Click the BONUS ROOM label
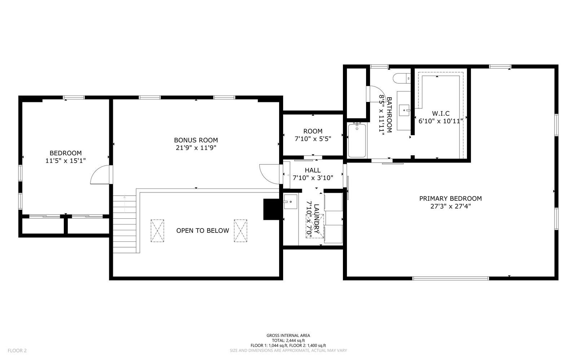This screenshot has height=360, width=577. pyautogui.click(x=196, y=140)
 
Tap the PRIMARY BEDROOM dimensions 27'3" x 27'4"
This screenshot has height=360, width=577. pyautogui.click(x=450, y=206)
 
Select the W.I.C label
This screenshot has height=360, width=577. pyautogui.click(x=441, y=114)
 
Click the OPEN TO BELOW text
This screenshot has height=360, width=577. pyautogui.click(x=202, y=231)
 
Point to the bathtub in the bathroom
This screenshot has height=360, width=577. pyautogui.click(x=357, y=140)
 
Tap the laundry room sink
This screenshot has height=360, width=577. pyautogui.click(x=290, y=202)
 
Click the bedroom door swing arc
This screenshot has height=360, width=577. pyautogui.click(x=100, y=175)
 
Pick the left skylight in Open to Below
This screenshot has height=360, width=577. pyautogui.click(x=157, y=231)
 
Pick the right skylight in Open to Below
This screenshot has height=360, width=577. pyautogui.click(x=240, y=231)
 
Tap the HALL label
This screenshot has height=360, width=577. pyautogui.click(x=312, y=170)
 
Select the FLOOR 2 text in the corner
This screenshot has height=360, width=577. pyautogui.click(x=17, y=350)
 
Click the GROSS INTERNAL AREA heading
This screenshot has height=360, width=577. pyautogui.click(x=288, y=335)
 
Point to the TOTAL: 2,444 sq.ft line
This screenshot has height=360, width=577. pyautogui.click(x=288, y=341)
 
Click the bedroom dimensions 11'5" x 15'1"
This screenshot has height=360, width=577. pyautogui.click(x=66, y=161)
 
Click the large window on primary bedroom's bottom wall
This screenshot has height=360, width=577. pyautogui.click(x=450, y=278)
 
